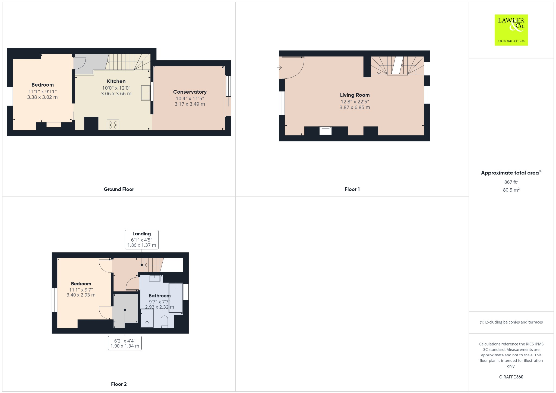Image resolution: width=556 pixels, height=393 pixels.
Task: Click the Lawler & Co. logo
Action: tap(511, 30)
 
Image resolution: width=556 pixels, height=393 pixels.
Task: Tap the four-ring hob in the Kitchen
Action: tap(113, 125)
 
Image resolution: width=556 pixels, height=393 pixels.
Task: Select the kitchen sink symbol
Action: tap(146, 93)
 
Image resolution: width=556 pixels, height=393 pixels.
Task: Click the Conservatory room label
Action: tap(190, 92)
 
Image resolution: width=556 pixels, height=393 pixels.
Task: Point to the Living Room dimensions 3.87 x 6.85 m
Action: tap(355, 107)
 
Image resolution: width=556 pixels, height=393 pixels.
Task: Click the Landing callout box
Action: tap(141, 239)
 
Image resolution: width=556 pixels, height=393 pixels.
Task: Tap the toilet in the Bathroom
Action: tap(164, 322)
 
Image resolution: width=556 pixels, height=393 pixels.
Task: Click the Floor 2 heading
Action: tap(119, 384)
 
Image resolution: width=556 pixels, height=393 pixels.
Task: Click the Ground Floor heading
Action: tap(119, 189)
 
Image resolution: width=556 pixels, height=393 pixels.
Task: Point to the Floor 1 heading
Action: tap(352, 189)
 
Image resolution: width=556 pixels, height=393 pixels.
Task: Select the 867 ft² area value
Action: tap(511, 182)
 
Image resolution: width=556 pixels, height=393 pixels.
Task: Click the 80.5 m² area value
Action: tap(511, 190)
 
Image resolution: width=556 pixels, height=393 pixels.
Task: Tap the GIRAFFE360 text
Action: tap(511, 377)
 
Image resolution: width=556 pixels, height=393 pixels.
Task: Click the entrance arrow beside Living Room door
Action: tap(279, 68)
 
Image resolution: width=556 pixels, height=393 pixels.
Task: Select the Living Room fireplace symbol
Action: tap(325, 131)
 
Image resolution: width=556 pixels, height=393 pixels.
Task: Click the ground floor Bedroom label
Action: tap(42, 85)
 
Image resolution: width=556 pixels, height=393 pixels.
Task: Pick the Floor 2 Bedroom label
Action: tap(81, 284)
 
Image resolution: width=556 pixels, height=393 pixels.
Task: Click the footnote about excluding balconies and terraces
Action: tap(511, 322)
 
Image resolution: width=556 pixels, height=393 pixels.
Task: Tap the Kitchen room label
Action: tap(116, 81)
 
